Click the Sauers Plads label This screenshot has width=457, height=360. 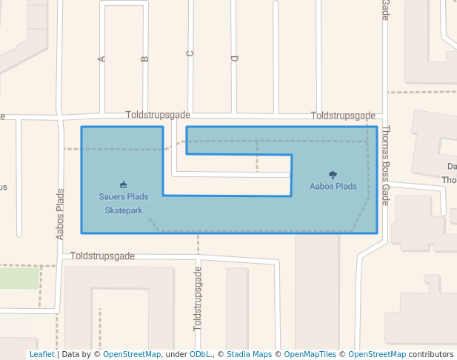[124, 197]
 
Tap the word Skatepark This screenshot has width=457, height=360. [124, 210]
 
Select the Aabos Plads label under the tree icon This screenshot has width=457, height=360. [333, 187]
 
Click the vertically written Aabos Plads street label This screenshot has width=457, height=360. [61, 213]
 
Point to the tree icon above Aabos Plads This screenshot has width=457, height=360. [333, 176]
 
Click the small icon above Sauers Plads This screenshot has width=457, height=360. [123, 184]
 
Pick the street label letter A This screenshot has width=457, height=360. [101, 59]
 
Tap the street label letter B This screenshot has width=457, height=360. [144, 59]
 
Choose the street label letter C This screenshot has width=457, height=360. [190, 53]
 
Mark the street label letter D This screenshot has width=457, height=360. [235, 58]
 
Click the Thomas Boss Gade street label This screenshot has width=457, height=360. [385, 164]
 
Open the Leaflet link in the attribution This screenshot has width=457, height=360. [41, 355]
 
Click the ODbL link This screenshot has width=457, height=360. [200, 355]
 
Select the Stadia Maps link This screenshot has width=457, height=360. [249, 355]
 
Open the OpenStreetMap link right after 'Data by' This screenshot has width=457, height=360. [132, 355]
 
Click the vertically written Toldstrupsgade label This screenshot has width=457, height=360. [197, 299]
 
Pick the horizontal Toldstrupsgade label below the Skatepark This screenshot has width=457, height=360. [103, 256]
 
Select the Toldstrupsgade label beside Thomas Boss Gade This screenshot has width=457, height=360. [343, 116]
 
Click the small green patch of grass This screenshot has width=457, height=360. [19, 279]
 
